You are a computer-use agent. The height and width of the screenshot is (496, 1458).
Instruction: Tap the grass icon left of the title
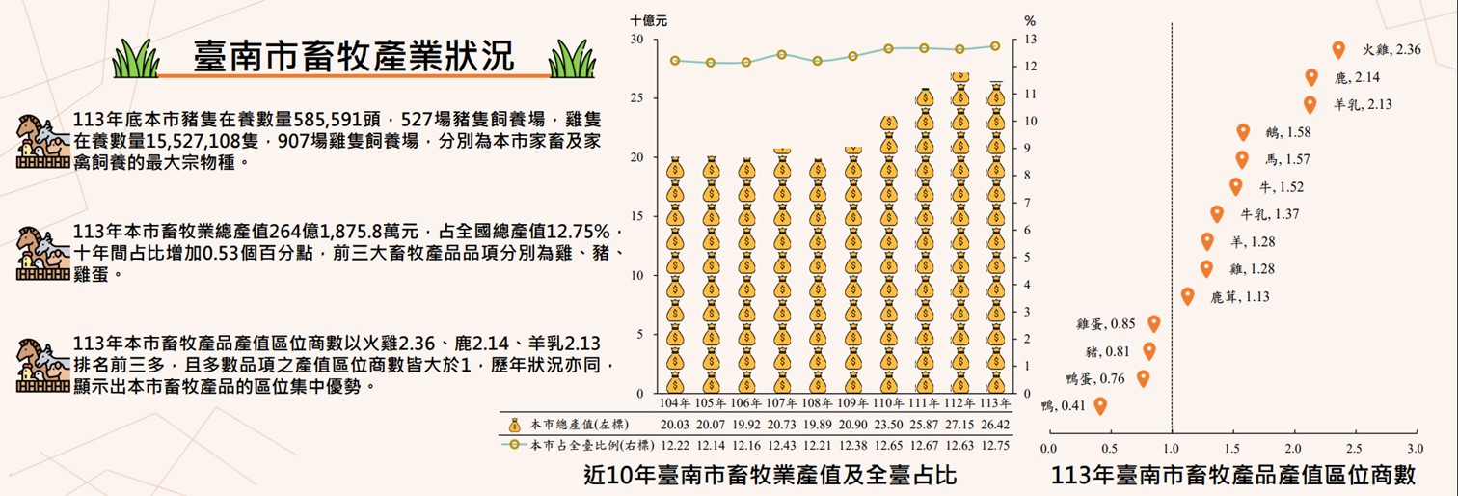click(x=135, y=60)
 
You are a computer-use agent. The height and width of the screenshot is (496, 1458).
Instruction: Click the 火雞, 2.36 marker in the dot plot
click(x=1337, y=50)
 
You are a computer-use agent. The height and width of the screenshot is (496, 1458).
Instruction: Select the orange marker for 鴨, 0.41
click(x=1100, y=405)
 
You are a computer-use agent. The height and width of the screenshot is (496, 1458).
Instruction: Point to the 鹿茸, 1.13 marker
click(x=1187, y=296)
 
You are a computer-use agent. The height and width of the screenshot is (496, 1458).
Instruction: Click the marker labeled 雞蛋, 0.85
click(x=1153, y=323)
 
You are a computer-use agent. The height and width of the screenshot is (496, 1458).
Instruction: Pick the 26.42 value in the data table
click(x=995, y=425)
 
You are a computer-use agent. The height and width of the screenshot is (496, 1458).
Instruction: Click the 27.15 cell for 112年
click(x=959, y=425)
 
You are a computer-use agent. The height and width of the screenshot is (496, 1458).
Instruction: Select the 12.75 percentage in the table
click(x=995, y=445)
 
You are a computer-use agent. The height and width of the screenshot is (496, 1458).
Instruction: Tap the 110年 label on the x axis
click(x=889, y=402)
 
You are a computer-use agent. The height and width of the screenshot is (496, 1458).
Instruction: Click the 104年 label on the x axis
click(x=675, y=402)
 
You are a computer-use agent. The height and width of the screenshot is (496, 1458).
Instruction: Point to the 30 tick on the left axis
click(x=636, y=40)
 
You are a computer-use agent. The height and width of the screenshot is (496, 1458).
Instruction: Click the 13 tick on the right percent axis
click(x=1030, y=40)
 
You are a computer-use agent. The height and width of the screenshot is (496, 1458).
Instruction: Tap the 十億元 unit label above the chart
click(x=648, y=19)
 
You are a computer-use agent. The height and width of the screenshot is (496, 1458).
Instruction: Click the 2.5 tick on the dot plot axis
click(x=1354, y=449)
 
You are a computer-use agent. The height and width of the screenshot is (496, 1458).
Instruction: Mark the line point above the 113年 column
click(x=995, y=46)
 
